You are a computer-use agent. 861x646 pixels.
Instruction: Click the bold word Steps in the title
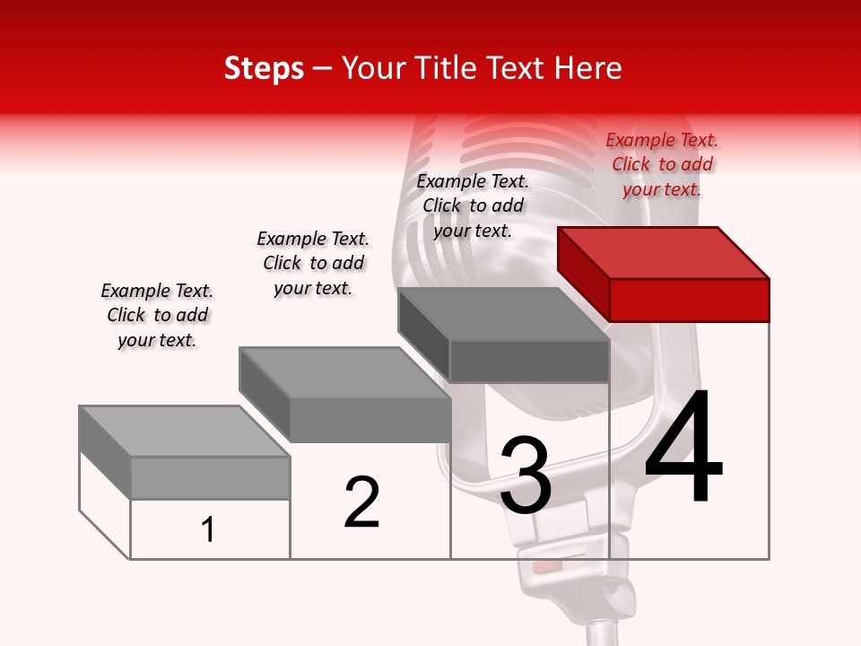click(263, 68)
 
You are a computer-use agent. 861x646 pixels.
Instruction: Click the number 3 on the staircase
click(526, 476)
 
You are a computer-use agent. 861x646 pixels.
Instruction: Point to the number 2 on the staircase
click(362, 502)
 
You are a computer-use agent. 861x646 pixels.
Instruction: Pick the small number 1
click(208, 529)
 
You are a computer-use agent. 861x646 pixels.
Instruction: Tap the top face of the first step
click(184, 432)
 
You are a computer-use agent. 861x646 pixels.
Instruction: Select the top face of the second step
click(344, 372)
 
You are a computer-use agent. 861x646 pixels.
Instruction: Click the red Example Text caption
click(662, 164)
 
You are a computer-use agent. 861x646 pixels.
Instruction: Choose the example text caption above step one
click(157, 315)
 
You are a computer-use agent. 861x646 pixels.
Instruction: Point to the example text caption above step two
click(313, 263)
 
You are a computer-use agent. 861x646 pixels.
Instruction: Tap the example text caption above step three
click(473, 205)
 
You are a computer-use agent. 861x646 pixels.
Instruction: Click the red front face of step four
click(689, 300)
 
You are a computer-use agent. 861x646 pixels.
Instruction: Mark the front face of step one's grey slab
click(210, 478)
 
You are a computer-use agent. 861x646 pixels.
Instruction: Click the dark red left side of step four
click(583, 273)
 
